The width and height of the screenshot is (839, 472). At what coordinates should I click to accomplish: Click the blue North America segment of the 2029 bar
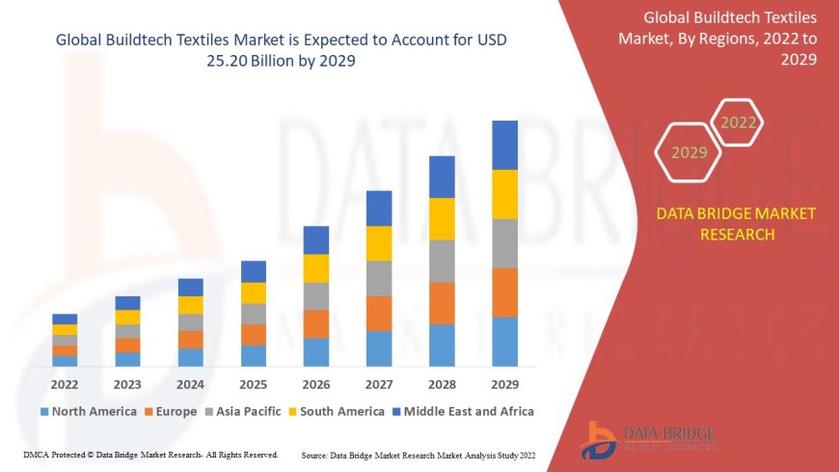(504, 342)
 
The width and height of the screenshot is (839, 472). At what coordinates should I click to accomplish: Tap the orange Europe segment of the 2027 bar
(379, 314)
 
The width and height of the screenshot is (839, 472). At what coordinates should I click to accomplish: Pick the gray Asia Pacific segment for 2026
(316, 296)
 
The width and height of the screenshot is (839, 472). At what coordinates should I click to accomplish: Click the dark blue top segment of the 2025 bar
(254, 271)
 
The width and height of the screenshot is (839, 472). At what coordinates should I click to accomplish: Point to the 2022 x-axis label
(66, 383)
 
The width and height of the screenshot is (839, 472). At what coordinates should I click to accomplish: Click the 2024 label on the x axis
(191, 383)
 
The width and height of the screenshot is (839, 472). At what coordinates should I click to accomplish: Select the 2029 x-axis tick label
(504, 383)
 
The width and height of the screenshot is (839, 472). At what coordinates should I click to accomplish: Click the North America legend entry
(88, 411)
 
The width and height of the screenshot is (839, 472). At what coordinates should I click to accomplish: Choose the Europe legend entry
(171, 411)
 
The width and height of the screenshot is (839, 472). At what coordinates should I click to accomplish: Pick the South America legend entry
(336, 411)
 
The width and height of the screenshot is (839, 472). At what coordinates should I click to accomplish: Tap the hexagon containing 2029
(689, 153)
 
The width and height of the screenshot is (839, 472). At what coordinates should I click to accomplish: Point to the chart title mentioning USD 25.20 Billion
(281, 50)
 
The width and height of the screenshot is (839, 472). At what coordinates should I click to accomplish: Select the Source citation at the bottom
(419, 455)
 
